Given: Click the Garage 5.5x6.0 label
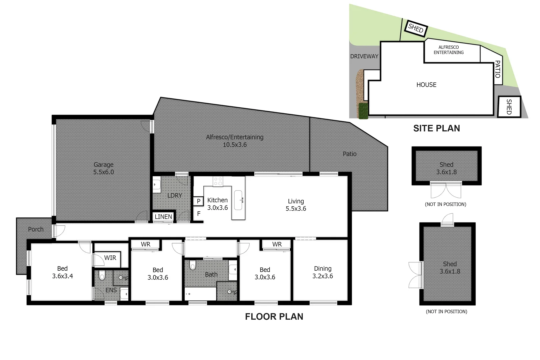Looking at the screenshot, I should pos(103,168).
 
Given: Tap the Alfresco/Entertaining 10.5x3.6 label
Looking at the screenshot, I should pos(235,141).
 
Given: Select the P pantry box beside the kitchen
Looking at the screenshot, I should pos(198,201).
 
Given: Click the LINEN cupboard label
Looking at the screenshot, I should pos(163,217).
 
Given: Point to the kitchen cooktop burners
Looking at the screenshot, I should pos(218,181).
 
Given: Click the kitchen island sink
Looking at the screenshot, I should pos(238,200).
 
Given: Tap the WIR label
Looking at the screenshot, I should pos(110,258).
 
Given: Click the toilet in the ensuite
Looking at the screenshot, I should pos(102,275).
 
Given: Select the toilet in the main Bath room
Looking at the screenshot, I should pos(193,265).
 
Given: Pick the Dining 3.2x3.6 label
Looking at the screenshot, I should pos(322,272).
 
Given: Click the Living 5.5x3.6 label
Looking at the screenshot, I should pos(296,205).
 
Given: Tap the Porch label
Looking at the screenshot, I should pos(36,229).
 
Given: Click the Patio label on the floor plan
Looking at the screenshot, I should pos(349,154).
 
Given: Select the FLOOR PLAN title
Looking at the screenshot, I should pos(274,317).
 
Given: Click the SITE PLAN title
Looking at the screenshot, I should pos(436,128).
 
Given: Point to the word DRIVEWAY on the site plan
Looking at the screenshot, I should pos(364,56).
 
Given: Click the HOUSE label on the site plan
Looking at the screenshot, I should pos(426,85).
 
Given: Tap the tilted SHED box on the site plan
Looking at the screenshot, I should pos(416,28).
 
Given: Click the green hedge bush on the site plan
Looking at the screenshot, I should pos(363,111).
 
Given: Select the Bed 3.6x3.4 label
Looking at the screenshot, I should pos(62,272).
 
